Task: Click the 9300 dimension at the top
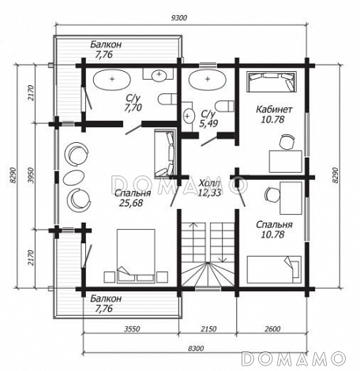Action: pyautogui.click(x=178, y=18)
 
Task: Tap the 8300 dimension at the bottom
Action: pyautogui.click(x=196, y=348)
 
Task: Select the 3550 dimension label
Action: pyautogui.click(x=132, y=328)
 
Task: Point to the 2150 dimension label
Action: pyautogui.click(x=208, y=328)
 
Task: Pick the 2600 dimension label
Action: pyautogui.click(x=272, y=328)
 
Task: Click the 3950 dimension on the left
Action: pyautogui.click(x=32, y=175)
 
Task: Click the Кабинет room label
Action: pyautogui.click(x=274, y=109)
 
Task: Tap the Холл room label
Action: pyautogui.click(x=209, y=182)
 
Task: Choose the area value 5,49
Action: pyautogui.click(x=208, y=123)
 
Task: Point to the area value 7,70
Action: pyautogui.click(x=133, y=107)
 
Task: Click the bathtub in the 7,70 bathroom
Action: pyautogui.click(x=112, y=79)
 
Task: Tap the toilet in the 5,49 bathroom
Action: pyautogui.click(x=224, y=106)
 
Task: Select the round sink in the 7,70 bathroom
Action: pyautogui.click(x=159, y=74)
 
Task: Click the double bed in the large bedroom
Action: pyautogui.click(x=136, y=256)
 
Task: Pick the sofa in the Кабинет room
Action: pyautogui.click(x=272, y=81)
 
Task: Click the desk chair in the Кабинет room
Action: pyautogui.click(x=286, y=141)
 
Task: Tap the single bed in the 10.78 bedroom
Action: pyautogui.click(x=274, y=269)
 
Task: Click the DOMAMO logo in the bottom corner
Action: pyautogui.click(x=293, y=358)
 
